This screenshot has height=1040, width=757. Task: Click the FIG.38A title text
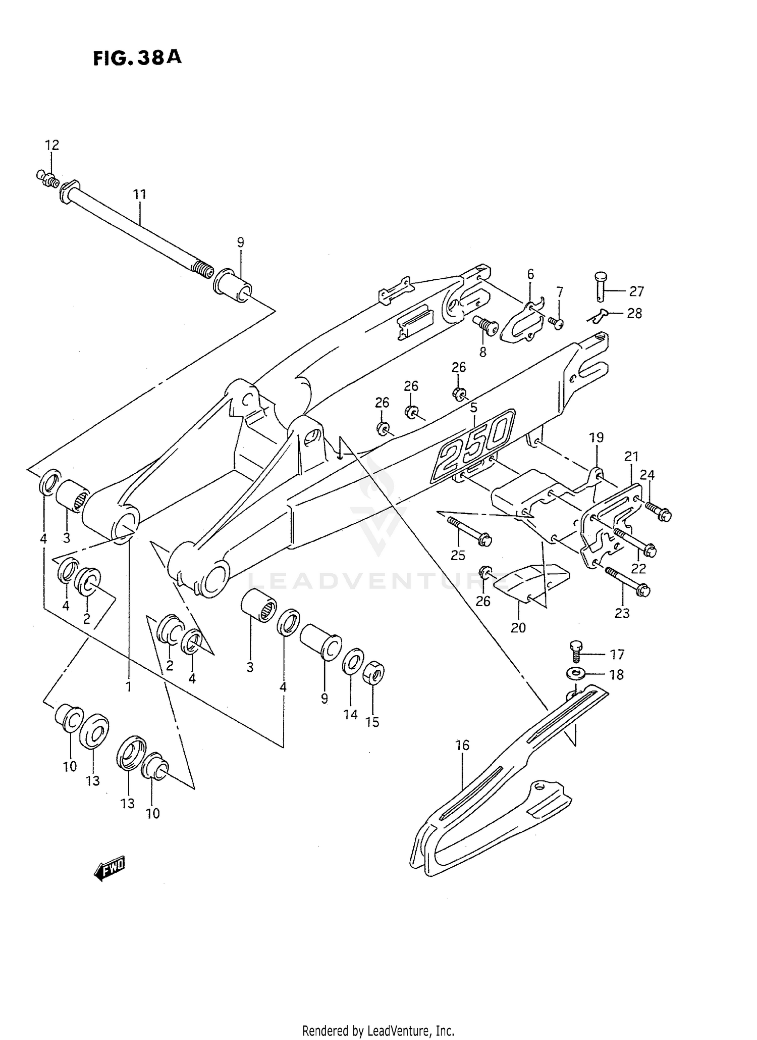[137, 59]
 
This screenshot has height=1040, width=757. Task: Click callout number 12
[52, 145]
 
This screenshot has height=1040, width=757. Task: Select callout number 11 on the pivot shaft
[140, 194]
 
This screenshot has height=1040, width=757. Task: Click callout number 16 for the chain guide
[462, 745]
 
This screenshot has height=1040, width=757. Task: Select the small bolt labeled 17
[575, 651]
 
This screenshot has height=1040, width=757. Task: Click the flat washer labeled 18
[575, 673]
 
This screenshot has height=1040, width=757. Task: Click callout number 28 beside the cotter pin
[634, 314]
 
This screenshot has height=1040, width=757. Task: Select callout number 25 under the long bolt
[458, 556]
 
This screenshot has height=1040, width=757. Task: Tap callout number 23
[622, 613]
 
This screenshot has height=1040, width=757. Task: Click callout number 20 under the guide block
[518, 628]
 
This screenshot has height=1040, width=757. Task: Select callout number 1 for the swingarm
[129, 687]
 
